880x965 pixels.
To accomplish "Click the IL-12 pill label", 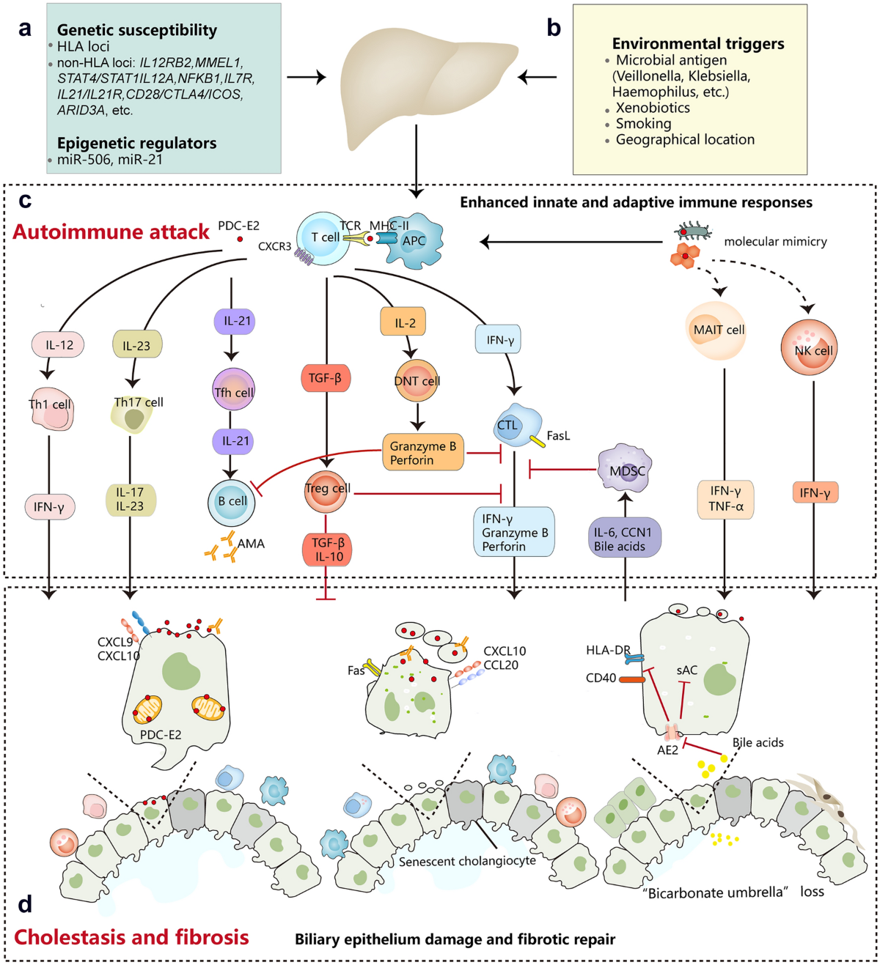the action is coord(58,344).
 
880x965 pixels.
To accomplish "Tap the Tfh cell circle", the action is coord(234,389).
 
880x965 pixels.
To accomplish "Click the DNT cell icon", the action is coord(417,380).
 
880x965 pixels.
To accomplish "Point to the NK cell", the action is coord(809,347).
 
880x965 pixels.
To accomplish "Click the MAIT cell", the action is coord(715,330).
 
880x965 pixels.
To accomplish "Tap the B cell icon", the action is coord(231,502).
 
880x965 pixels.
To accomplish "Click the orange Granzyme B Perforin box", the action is coord(423,452).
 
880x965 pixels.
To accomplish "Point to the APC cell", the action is coord(413,239).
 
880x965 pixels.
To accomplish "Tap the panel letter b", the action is coord(554,28).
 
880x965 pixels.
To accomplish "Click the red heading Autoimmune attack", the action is coord(111,232).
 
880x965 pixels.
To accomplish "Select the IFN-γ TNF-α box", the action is coord(725,499).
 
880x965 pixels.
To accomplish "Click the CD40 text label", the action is coord(601,678).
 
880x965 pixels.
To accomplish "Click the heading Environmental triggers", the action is coord(698,44).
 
